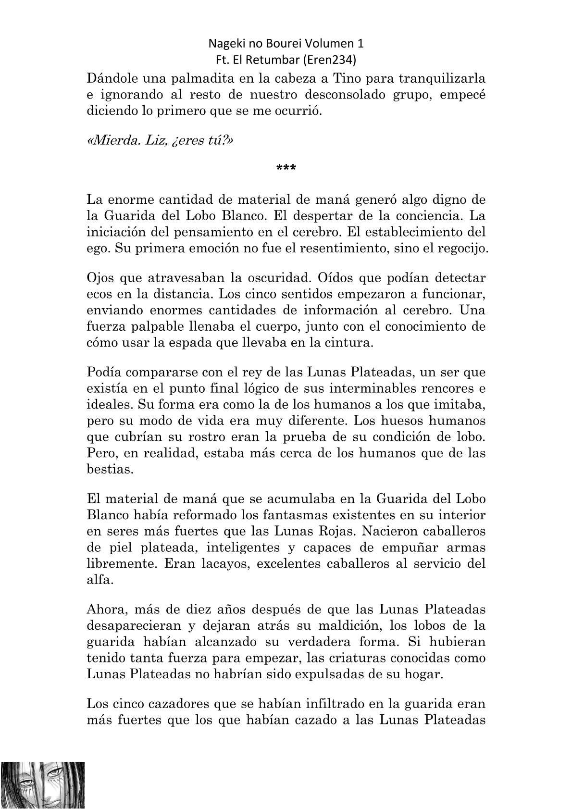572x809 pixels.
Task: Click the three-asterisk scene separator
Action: point(286,169)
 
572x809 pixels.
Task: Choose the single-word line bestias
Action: point(110,469)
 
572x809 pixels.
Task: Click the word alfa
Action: point(100,580)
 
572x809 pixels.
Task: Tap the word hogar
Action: point(422,674)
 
